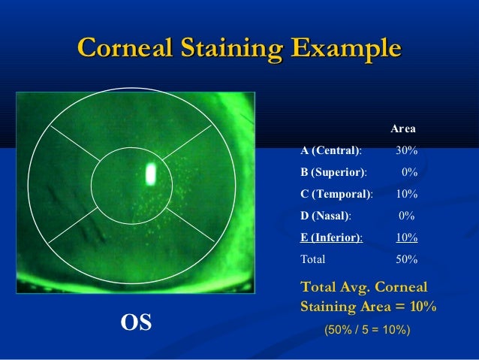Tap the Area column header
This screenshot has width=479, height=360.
pyautogui.click(x=403, y=129)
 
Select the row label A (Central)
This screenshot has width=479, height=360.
pyautogui.click(x=331, y=151)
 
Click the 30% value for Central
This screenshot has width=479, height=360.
pyautogui.click(x=406, y=151)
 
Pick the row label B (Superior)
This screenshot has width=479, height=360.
pyautogui.click(x=334, y=172)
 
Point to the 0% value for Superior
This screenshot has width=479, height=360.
pyautogui.click(x=409, y=172)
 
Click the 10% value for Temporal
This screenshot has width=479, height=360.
pyautogui.click(x=406, y=194)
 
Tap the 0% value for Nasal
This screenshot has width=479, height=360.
pyautogui.click(x=406, y=216)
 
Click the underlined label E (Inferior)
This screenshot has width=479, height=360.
pyautogui.click(x=332, y=237)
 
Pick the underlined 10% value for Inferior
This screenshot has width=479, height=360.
pyautogui.click(x=406, y=237)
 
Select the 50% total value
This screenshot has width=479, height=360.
pyautogui.click(x=406, y=259)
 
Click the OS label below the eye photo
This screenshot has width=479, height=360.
pyautogui.click(x=136, y=323)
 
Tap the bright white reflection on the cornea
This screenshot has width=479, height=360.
pyautogui.click(x=150, y=174)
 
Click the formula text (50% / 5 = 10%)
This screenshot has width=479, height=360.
pyautogui.click(x=366, y=328)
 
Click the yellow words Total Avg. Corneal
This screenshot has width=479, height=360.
pyautogui.click(x=363, y=287)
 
